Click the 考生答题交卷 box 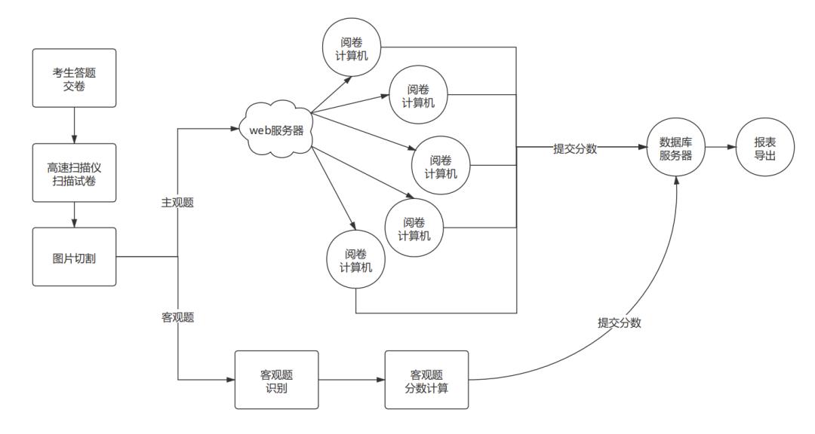tap(74, 77)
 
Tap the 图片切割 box tap(74, 257)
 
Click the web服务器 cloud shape tap(276, 130)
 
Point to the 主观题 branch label tap(178, 203)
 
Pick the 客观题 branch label tap(178, 317)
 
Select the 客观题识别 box tap(276, 380)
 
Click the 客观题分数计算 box tap(426, 380)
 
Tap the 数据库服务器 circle tap(676, 148)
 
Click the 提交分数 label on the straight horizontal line tap(575, 148)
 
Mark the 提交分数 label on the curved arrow tap(620, 323)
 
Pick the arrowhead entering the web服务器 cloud tap(233, 130)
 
